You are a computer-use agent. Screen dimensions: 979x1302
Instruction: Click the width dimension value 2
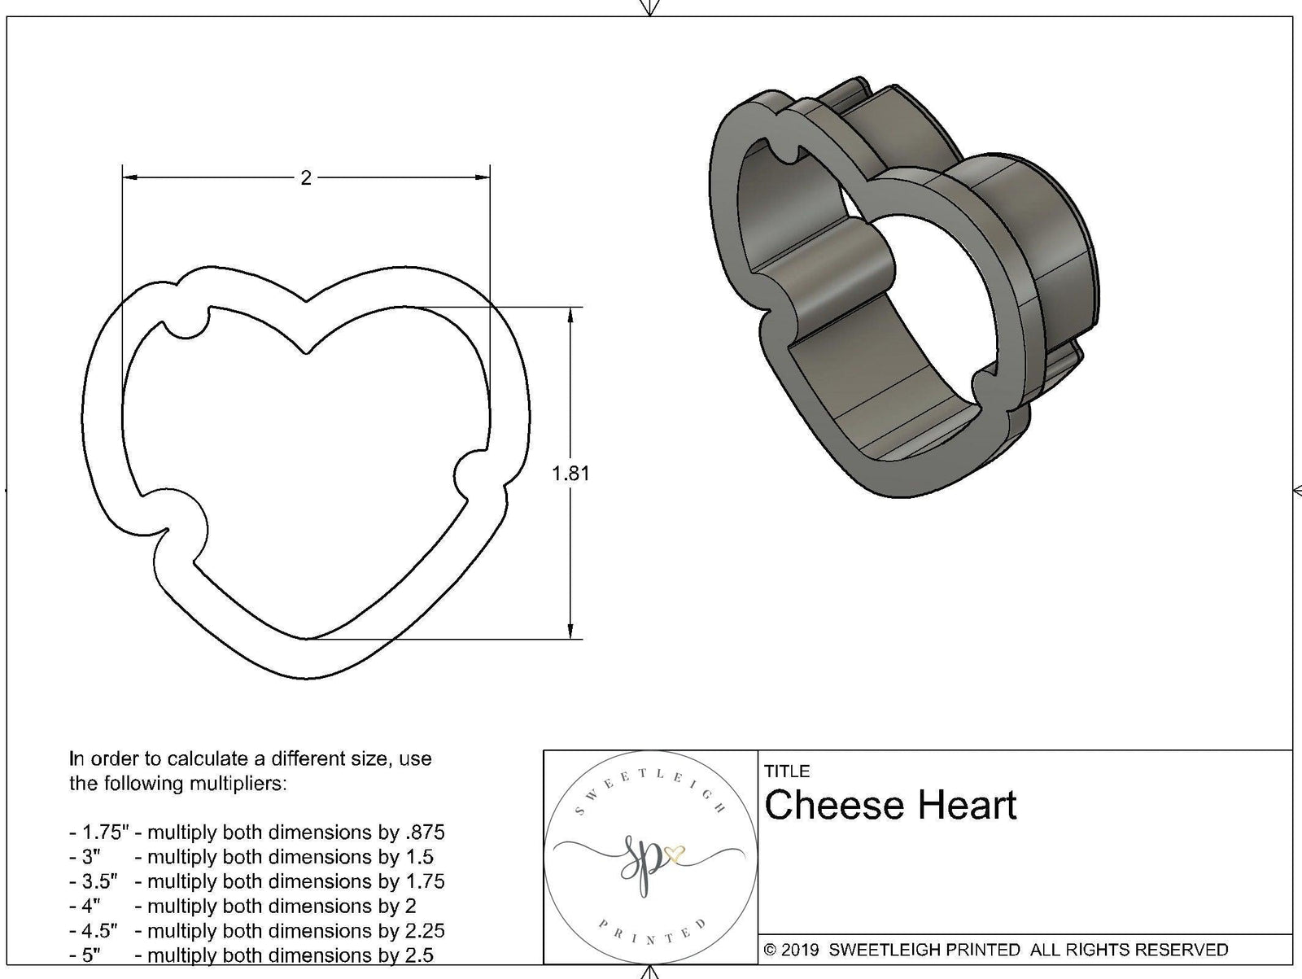[306, 177]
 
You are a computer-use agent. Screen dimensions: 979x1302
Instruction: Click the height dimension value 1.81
[570, 473]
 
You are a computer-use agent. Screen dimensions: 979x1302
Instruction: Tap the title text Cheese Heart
[890, 805]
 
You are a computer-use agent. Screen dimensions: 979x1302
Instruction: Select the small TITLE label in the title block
[787, 771]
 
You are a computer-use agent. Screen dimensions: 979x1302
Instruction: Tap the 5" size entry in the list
[90, 955]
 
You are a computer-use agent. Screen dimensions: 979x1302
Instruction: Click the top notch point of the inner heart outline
[306, 353]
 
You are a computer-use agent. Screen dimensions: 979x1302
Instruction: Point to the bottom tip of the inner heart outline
[307, 639]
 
